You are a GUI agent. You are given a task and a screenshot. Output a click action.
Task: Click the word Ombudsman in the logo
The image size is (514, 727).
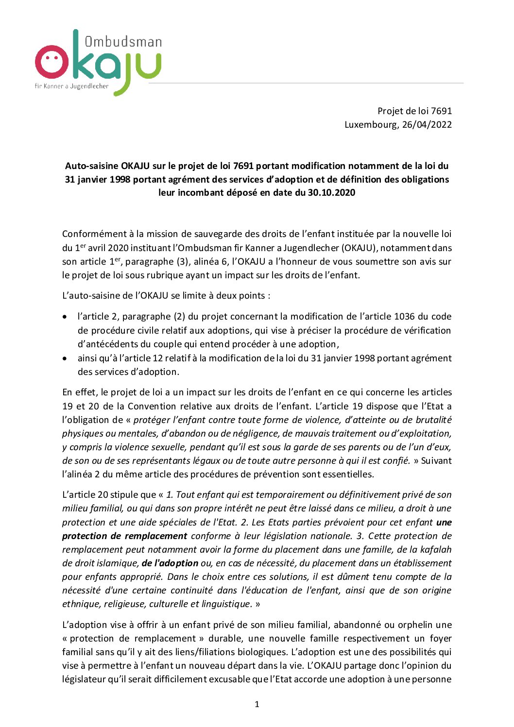[x=123, y=42]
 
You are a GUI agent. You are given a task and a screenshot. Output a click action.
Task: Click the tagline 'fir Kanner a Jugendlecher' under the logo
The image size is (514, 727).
[x=71, y=86]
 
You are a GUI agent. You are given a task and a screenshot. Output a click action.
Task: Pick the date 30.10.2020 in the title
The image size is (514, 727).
[x=331, y=193]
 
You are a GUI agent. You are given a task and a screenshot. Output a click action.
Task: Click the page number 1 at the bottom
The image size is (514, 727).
[x=257, y=704]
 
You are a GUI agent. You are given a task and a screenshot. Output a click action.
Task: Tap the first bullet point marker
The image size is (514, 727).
[x=65, y=317]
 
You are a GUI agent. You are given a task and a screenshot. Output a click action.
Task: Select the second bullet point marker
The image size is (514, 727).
[x=65, y=359]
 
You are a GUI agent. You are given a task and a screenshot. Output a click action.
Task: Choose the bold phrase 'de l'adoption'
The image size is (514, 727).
[x=170, y=563]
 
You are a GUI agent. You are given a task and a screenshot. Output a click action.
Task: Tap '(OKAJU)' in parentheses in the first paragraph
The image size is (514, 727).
[x=359, y=248]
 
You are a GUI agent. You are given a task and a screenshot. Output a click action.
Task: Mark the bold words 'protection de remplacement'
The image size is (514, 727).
[x=125, y=536]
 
